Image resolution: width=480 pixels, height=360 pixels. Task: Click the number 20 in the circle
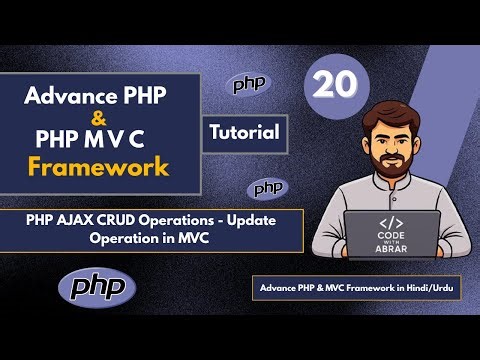[x=334, y=87]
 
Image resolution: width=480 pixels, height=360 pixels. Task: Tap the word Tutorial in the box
[x=247, y=131]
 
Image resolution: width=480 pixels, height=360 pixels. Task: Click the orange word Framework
[x=97, y=166]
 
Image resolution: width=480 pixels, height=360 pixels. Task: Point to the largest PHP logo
[x=97, y=287]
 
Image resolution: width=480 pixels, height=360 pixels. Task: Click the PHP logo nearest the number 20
[x=250, y=85]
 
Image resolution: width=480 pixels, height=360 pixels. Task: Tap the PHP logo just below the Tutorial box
[x=268, y=188]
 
